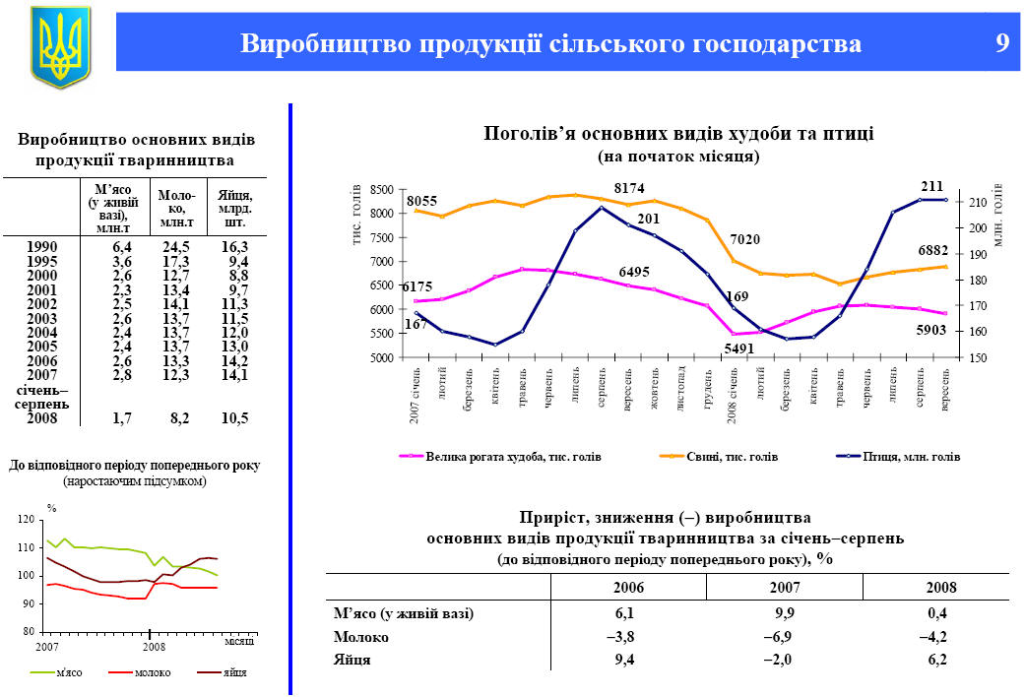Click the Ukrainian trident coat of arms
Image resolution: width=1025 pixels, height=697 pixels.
coord(60,45)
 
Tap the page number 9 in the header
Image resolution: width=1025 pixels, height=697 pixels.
coord(1001,43)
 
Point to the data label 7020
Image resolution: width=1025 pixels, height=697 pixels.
coord(743,239)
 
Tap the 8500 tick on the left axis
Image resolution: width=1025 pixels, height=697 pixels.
coord(382,189)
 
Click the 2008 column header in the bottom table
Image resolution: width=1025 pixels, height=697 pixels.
coord(942,587)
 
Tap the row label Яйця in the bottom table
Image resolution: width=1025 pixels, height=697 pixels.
coord(353,660)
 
